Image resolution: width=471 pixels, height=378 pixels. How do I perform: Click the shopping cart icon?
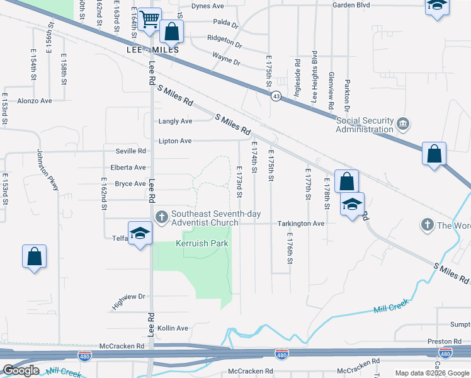tap(149, 20)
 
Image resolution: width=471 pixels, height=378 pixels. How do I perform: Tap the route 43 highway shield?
tap(276, 96)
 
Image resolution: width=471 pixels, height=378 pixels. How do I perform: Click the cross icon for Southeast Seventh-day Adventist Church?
tap(161, 216)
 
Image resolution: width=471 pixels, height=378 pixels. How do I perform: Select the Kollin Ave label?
tap(173, 328)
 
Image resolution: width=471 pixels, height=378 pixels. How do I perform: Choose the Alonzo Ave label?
tap(35, 101)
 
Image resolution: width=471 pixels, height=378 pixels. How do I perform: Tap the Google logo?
tap(21, 370)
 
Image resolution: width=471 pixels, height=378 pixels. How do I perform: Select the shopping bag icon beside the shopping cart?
tap(171, 31)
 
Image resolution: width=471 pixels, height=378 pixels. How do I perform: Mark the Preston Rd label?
tap(440, 341)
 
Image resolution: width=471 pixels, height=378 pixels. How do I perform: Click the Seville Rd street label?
tap(130, 151)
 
